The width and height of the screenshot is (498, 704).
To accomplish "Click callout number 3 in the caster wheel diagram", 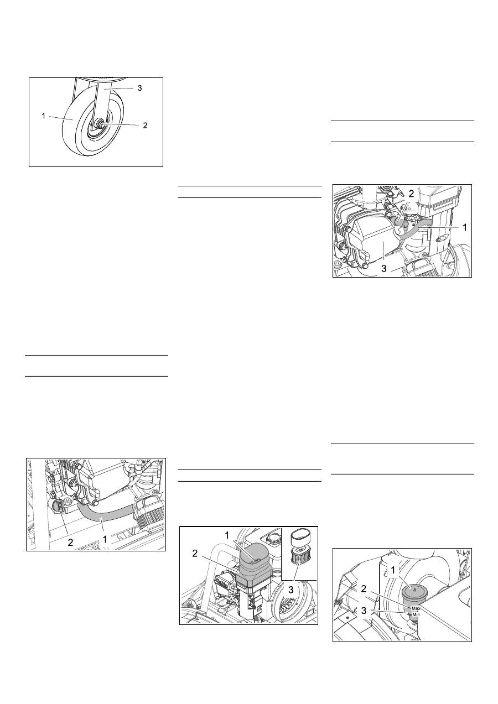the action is pyautogui.click(x=140, y=88).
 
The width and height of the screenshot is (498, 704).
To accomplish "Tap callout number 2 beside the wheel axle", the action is pyautogui.click(x=145, y=126).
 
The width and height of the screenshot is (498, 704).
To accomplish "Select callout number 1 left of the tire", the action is pyautogui.click(x=44, y=116).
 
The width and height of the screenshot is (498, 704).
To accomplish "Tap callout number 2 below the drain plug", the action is pyautogui.click(x=70, y=542).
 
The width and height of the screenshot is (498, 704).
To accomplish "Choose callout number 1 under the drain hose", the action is pyautogui.click(x=105, y=539).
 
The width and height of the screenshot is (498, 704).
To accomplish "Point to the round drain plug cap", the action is pyautogui.click(x=59, y=506).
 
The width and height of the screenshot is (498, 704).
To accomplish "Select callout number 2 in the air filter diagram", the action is pyautogui.click(x=195, y=554).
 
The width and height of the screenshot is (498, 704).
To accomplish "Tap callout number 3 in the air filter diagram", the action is pyautogui.click(x=291, y=590).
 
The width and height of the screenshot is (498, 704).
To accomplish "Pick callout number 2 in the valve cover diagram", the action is pyautogui.click(x=411, y=194).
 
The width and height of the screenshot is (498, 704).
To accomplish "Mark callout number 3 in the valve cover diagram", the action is pyautogui.click(x=384, y=269).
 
